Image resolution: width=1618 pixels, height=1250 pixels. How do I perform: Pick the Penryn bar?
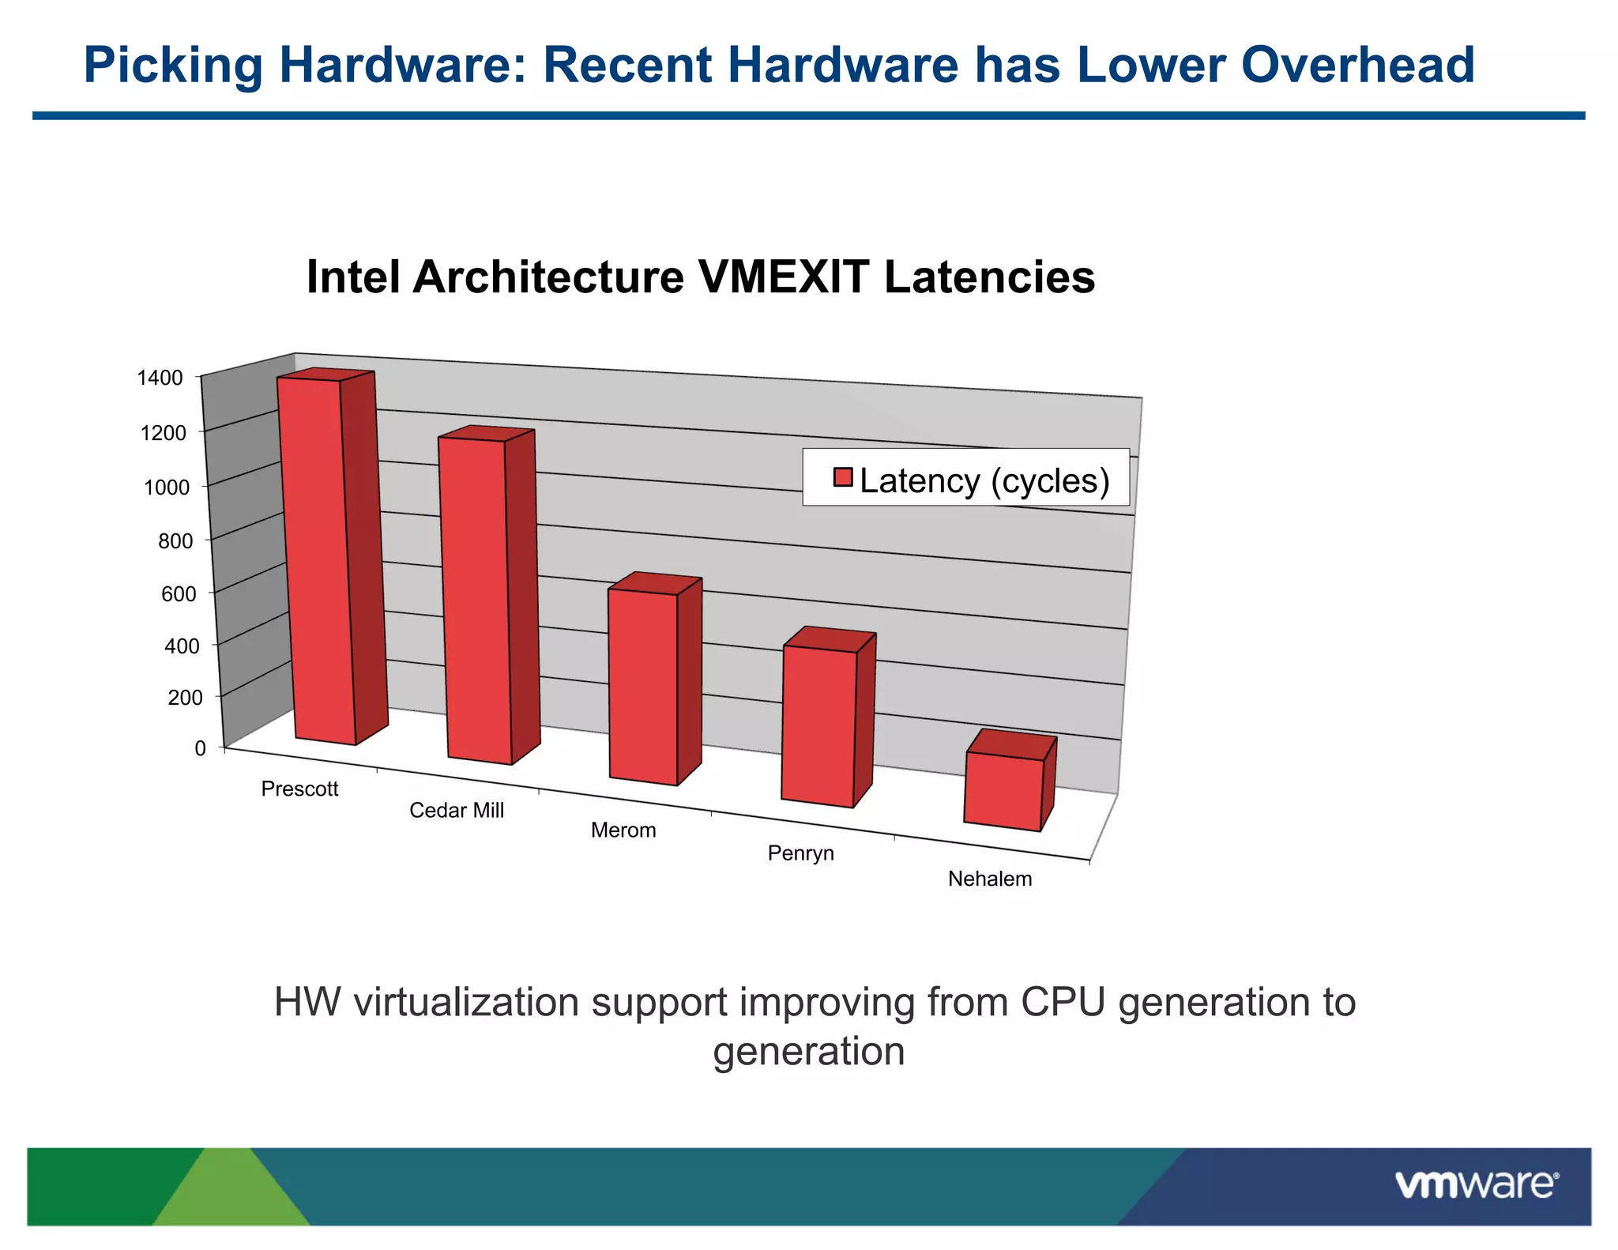click(819, 724)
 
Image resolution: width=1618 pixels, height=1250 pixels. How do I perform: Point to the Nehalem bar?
click(1003, 790)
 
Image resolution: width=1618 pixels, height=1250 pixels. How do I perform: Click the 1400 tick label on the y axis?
click(160, 378)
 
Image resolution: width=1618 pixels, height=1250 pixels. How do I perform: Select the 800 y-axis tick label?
click(175, 541)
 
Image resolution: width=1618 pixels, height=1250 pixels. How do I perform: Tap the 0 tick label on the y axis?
click(200, 748)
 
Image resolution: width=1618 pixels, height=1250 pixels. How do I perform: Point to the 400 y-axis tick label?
click(182, 646)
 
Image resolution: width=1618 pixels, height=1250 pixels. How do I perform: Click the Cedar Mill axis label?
click(457, 811)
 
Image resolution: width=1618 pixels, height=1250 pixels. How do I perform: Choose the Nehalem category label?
click(990, 879)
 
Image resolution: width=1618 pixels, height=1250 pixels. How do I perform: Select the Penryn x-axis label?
click(800, 853)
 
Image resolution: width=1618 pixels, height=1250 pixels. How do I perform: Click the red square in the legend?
click(843, 477)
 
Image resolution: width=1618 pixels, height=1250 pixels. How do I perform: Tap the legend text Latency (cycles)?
click(984, 480)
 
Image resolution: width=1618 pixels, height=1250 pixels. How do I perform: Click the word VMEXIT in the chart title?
click(783, 277)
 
